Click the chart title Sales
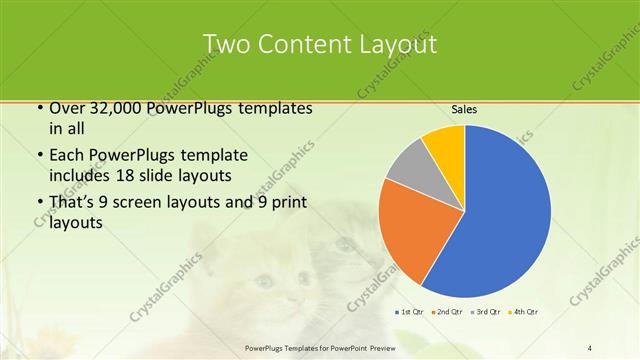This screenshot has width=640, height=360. pyautogui.click(x=464, y=109)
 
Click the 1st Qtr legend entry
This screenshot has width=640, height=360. pyautogui.click(x=411, y=312)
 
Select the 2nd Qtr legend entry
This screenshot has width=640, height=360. pyautogui.click(x=446, y=312)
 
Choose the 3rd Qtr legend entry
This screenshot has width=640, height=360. pyautogui.click(x=486, y=312)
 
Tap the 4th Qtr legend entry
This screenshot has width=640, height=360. pyautogui.click(x=523, y=312)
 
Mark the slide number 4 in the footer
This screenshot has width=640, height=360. pyautogui.click(x=590, y=348)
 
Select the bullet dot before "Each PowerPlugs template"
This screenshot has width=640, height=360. pyautogui.click(x=38, y=156)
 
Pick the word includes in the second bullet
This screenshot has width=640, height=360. pyautogui.click(x=79, y=175)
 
